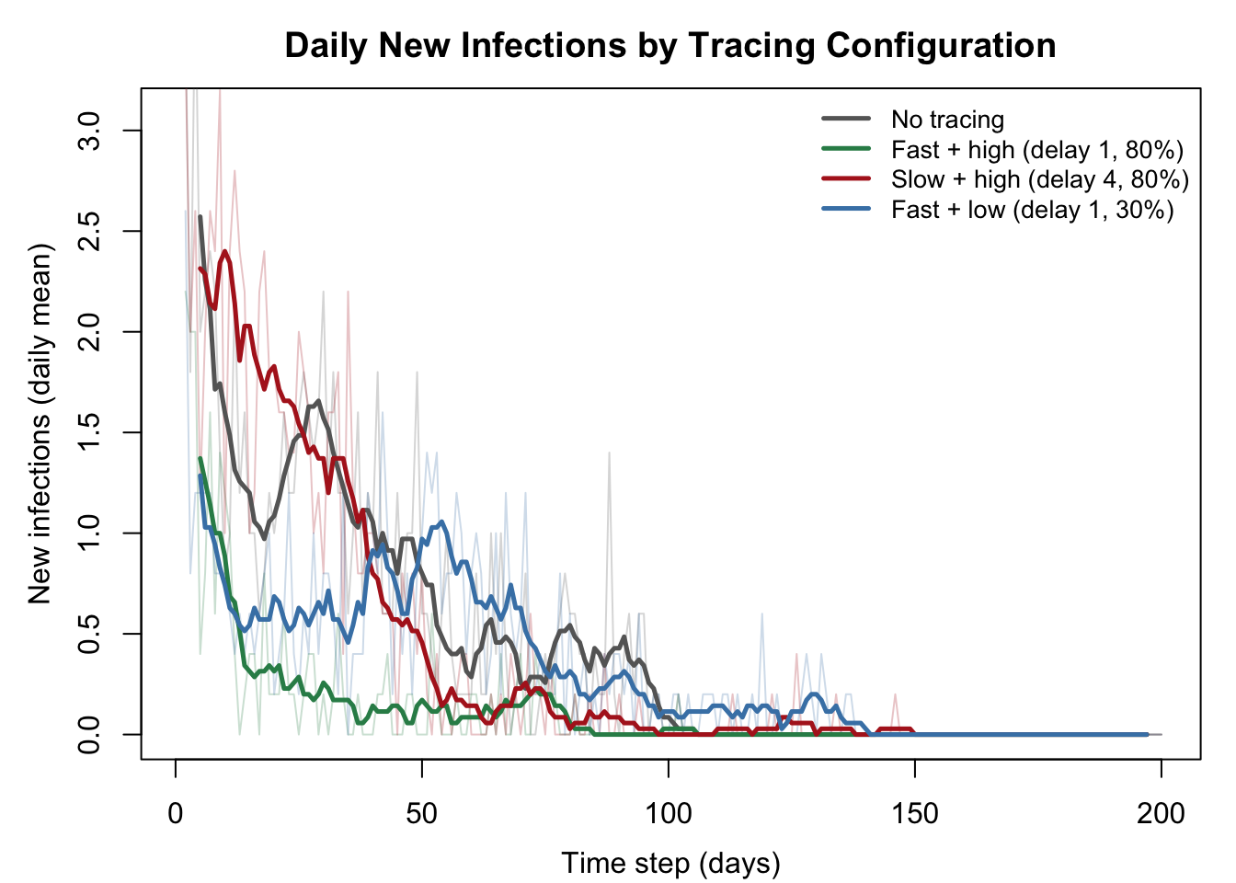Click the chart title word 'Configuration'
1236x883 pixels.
[941, 45]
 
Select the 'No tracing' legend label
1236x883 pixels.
[947, 120]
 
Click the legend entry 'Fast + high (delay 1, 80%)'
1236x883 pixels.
[1037, 150]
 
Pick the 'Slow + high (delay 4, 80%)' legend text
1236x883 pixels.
[1040, 180]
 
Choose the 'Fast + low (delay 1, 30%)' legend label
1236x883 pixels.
[1033, 211]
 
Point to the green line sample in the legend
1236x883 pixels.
[846, 148]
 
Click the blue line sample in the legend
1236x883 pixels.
[846, 209]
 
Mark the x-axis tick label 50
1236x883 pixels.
[421, 814]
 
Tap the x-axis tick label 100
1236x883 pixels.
[669, 814]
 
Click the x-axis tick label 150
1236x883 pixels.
[915, 814]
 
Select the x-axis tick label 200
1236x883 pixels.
[1161, 814]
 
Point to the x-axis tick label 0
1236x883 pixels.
[176, 814]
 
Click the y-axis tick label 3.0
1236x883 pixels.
[89, 131]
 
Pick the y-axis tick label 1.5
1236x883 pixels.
[89, 432]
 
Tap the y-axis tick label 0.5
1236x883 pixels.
[89, 634]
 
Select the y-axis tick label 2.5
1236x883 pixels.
[89, 231]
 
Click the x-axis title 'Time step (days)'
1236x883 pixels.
[671, 864]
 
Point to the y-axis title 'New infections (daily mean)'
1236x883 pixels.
[40, 423]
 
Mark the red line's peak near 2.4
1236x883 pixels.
[224, 252]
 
